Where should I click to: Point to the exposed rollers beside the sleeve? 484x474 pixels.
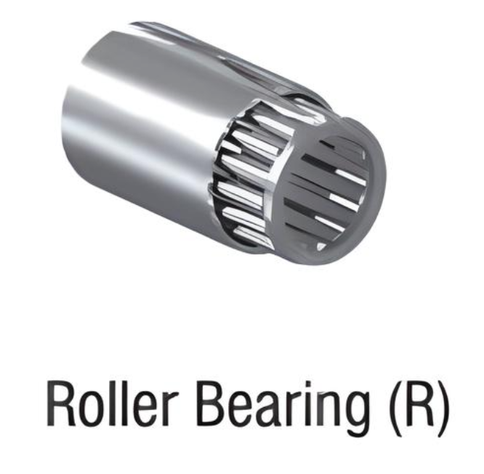pyautogui.click(x=247, y=174)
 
